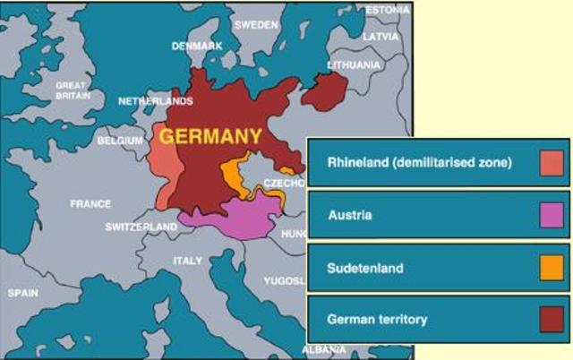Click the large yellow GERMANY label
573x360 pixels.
point(211,137)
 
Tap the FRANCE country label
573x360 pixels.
point(90,204)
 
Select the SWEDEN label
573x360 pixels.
point(256,25)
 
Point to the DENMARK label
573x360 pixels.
point(197,46)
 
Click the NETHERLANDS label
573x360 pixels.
point(156,101)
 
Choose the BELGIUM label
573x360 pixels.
point(120,141)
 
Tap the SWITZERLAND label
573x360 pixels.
point(141,227)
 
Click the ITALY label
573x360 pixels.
point(188,261)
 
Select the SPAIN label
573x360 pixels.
point(23,293)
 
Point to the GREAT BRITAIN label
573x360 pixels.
point(72,90)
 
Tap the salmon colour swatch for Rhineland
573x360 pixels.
point(552,163)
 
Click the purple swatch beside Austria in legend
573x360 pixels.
point(552,215)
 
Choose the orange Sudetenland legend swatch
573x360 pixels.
point(552,268)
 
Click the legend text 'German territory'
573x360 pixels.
point(377,319)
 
